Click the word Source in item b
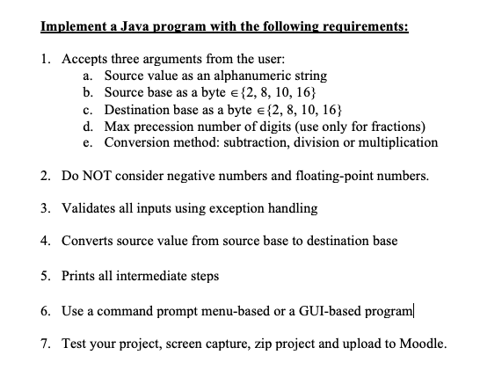124,92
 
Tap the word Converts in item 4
88,241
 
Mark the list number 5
45,275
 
